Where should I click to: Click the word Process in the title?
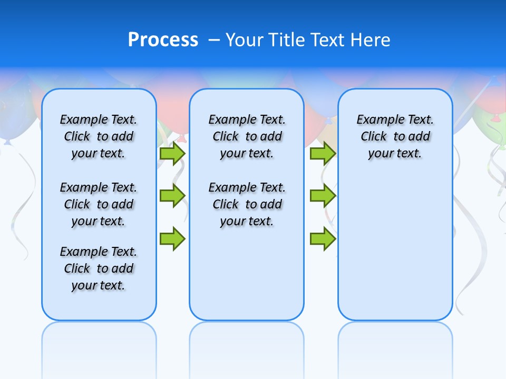163,40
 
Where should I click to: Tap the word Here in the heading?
371,40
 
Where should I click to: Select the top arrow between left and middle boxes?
172,154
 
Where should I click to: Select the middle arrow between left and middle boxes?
172,196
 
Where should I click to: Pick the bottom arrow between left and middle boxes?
172,239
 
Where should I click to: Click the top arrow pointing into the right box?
323,154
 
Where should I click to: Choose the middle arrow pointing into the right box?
323,196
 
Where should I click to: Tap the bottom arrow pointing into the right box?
323,239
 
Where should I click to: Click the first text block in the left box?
99,136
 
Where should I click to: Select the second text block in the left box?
99,204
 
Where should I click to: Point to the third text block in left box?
99,268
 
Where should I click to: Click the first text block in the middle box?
247,136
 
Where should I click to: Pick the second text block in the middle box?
247,204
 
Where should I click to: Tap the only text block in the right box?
395,136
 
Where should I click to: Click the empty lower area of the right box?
395,253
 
